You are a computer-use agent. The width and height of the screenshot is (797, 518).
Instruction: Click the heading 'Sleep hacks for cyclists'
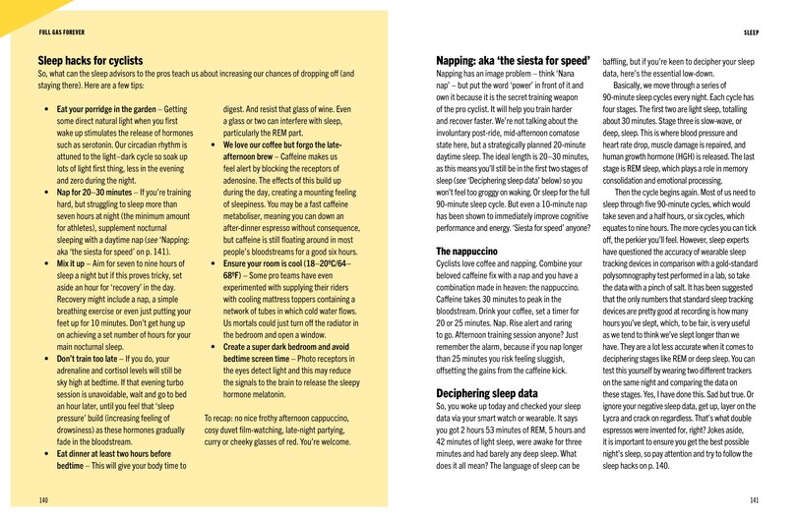point(90,60)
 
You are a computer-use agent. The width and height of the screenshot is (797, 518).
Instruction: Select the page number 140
point(43,498)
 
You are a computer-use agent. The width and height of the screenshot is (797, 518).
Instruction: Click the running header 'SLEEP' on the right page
point(751,31)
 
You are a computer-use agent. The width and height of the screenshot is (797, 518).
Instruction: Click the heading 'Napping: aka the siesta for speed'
point(512,60)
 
